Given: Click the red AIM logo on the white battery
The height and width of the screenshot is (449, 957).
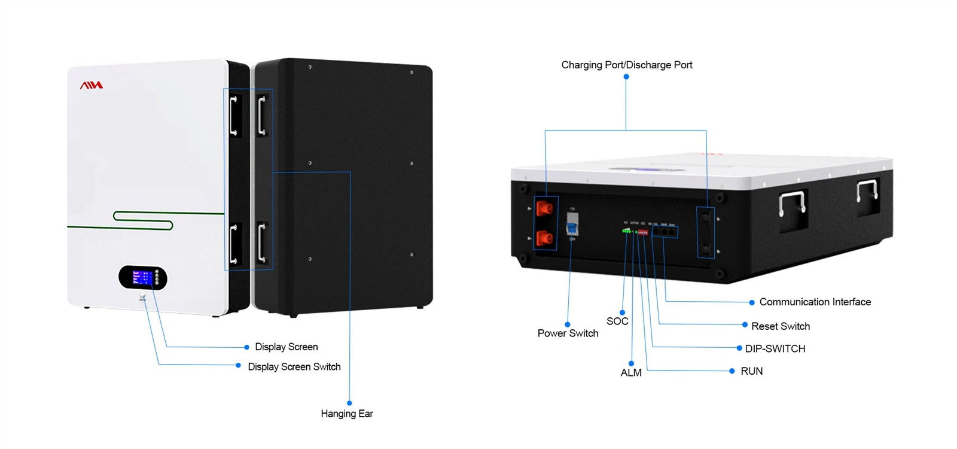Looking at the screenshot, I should pos(92,86).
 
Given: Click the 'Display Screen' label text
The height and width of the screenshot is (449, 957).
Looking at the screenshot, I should pos(286,347).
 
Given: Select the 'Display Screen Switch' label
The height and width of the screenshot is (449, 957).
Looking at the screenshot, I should pos(294,367).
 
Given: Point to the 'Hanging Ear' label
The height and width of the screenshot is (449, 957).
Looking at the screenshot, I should pos(346,414).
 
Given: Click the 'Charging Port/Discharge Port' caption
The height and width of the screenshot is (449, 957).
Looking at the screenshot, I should pos(626,65).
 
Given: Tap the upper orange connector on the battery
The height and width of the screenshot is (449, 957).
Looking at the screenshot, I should pos(544,208).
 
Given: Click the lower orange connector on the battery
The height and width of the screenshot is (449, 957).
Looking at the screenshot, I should pos(544,238).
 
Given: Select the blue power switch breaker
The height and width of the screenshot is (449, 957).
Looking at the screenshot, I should pos(572,226).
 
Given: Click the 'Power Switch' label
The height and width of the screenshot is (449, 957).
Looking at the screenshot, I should pos(568,333).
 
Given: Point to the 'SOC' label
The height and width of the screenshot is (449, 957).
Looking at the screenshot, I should pos(617,321).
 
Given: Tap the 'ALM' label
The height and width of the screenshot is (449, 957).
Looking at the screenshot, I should pos(631,372).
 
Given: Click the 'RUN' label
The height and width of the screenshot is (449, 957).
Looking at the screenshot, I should pos(751,371).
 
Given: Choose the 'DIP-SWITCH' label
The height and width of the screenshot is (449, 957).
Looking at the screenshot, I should pos(775,348).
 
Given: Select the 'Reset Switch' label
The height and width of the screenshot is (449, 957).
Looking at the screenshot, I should pos(781,326).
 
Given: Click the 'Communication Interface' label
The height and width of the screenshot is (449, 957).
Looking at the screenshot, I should pos(815,302).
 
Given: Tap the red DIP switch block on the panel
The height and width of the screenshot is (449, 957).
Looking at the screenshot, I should pos(643,232).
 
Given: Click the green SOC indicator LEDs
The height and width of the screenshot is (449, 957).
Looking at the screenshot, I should pos(626,230).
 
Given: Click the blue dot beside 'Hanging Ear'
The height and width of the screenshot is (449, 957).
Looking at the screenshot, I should pos(349,403).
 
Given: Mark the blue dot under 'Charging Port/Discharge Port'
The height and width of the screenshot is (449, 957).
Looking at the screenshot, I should pos(626,77).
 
